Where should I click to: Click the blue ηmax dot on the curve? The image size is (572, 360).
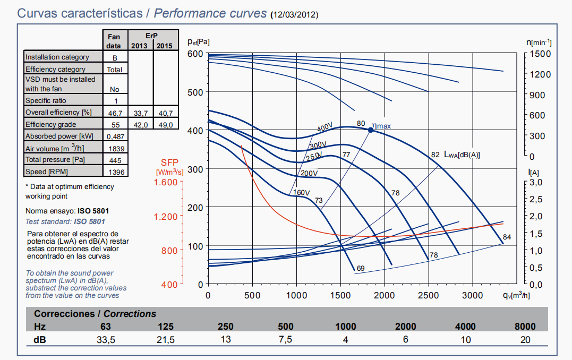point(371,130)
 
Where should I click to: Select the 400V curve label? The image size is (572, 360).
point(325,128)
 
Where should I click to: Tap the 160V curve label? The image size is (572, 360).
point(301,193)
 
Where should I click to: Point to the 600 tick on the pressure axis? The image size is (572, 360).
point(196,54)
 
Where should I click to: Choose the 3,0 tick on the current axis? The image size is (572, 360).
point(535,182)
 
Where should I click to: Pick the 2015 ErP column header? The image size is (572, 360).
point(166,46)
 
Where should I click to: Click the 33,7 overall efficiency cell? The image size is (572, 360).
point(141,113)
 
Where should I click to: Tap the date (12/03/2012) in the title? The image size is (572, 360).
point(294,15)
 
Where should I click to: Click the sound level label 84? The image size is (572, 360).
point(507,237)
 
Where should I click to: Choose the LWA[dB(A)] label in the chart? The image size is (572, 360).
point(462,155)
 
